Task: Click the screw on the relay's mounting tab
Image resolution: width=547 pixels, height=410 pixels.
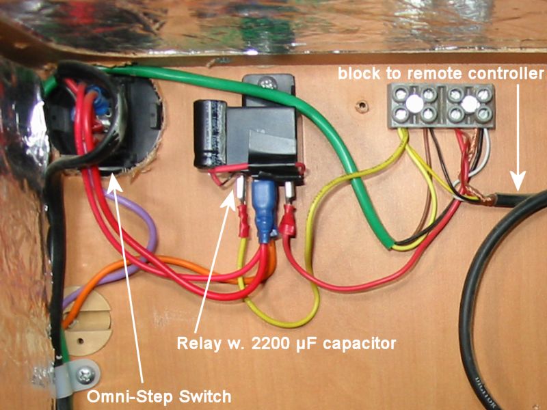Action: pos(267,83)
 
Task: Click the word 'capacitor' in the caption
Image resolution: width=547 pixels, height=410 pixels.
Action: pos(360,344)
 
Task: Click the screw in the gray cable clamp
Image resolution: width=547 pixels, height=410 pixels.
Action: pos(85,374)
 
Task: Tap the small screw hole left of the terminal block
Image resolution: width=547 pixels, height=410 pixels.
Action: pos(363,105)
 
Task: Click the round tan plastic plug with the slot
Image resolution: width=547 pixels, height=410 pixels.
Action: pos(88,320)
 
